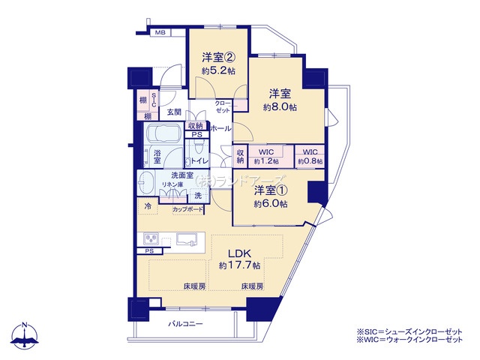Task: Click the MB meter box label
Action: click(160, 32)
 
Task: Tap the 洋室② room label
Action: click(218, 57)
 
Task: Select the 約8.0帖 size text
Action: click(280, 107)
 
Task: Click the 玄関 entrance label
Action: click(174, 112)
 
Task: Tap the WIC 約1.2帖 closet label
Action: click(266, 157)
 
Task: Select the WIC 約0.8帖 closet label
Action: click(310, 157)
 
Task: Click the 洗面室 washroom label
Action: click(182, 175)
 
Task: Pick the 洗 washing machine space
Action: click(198, 195)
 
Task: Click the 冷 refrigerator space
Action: click(148, 206)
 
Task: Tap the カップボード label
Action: click(187, 210)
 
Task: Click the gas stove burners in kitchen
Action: click(151, 238)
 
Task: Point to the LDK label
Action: click(239, 253)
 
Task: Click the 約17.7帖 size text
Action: click(239, 265)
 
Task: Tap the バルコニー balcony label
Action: click(185, 323)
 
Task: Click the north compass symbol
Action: click(25, 336)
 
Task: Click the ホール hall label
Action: click(220, 128)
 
